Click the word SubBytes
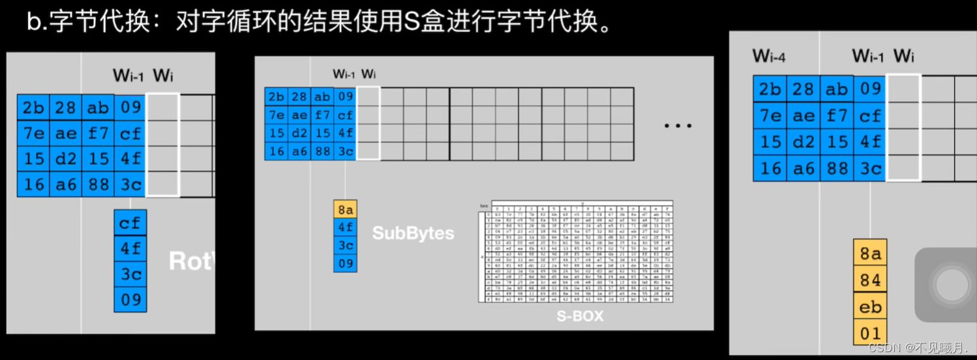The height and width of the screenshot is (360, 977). [413, 233]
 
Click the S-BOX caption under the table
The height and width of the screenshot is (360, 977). [579, 316]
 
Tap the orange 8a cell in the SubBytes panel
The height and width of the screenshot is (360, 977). [345, 209]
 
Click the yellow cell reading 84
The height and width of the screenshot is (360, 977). [869, 280]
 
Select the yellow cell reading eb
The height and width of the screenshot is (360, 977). [869, 307]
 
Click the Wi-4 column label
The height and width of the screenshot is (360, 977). [769, 56]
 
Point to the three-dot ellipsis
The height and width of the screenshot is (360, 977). [678, 125]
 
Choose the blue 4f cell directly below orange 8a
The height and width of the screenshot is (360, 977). [345, 228]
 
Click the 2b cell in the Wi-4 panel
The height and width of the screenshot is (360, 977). [770, 89]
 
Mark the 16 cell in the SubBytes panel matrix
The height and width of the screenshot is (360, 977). [276, 151]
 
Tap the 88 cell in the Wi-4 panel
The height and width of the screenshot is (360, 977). [837, 168]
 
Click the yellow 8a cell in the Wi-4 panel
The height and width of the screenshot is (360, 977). [869, 253]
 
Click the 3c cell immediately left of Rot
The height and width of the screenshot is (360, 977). [130, 275]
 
